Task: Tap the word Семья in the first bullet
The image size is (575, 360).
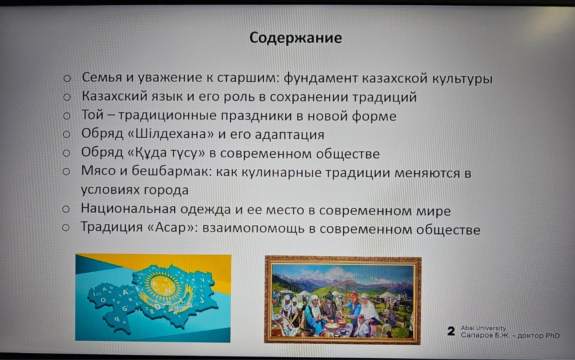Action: pos(102,78)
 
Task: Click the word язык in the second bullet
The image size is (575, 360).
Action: pos(167,97)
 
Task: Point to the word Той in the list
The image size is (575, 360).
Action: pos(93,114)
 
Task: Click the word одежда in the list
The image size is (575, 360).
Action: pos(205,210)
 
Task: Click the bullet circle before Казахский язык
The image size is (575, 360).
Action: pos(67,97)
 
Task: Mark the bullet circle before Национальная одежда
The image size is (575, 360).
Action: pos(66,209)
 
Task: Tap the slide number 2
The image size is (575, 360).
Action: pos(451,331)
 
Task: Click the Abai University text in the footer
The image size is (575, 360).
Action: pos(483,328)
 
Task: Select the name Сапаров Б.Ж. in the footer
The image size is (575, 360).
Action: pos(485,335)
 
